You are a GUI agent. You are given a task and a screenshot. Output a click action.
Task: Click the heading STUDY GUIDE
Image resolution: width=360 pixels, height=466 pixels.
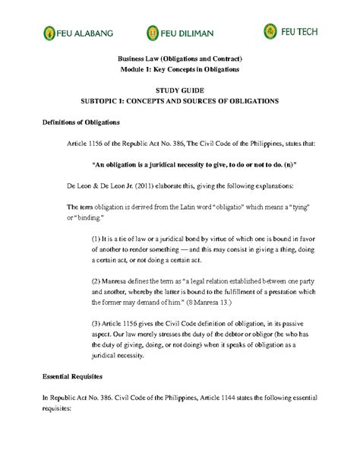(179, 90)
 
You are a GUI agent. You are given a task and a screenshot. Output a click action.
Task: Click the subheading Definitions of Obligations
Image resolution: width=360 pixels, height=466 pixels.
(69, 122)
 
